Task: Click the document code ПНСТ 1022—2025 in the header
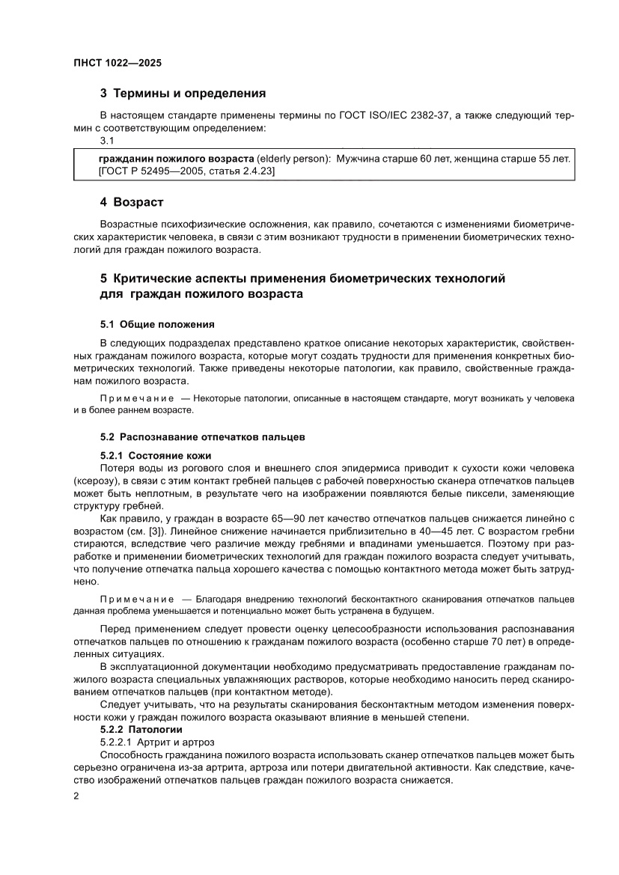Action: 118,64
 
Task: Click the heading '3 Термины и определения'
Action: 183,94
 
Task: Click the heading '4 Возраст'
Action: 132,202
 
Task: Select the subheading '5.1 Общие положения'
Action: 157,324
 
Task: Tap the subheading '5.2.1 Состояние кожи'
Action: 156,455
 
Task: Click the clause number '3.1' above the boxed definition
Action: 107,141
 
